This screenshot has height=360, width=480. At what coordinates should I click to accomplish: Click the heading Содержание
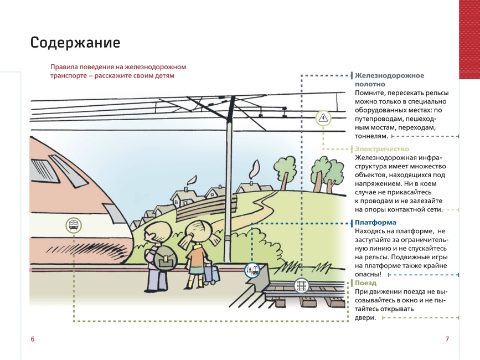(75, 42)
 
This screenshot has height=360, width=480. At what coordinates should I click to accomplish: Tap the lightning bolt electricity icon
(323, 118)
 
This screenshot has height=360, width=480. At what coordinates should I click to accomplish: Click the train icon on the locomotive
(74, 226)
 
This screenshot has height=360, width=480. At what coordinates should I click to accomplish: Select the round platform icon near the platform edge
(252, 270)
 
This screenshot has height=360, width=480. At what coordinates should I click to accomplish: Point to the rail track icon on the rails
(302, 286)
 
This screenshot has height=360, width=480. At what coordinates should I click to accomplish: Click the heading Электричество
(382, 149)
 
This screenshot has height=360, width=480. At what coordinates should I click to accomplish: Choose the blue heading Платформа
(375, 223)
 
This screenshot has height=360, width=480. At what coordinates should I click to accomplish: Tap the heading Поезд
(365, 283)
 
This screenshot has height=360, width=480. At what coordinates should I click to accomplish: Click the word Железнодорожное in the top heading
(389, 76)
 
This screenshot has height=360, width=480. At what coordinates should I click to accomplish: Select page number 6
(33, 339)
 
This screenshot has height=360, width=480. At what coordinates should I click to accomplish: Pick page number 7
(447, 339)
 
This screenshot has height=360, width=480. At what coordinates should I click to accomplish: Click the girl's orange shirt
(198, 256)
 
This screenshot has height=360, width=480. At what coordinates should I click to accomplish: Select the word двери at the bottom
(365, 318)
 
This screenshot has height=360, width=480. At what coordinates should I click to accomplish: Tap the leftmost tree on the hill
(285, 172)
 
